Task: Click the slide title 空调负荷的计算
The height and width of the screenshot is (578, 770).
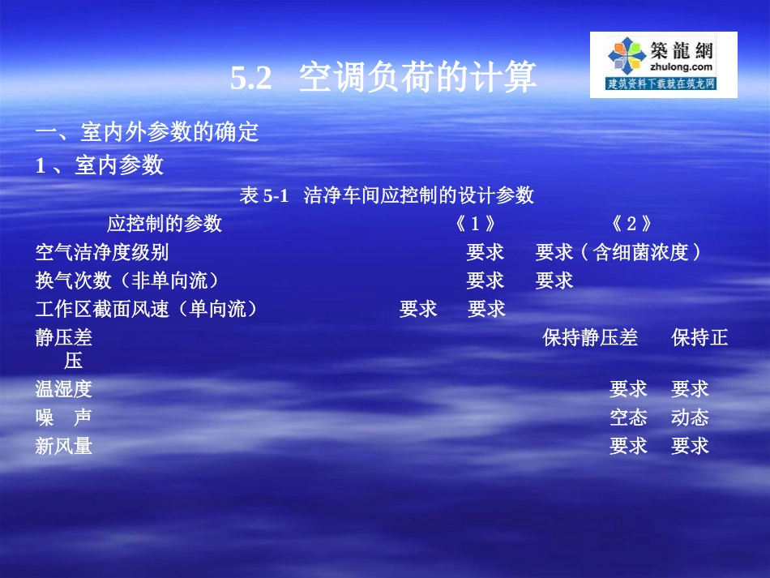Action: click(417, 79)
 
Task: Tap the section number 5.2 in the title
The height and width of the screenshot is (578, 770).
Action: click(250, 79)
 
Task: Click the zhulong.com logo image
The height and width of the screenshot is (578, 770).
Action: click(663, 65)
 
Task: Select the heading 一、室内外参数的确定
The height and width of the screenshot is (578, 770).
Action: click(147, 132)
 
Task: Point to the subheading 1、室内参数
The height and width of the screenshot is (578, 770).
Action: click(100, 165)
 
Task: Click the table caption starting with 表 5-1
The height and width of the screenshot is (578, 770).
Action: click(387, 195)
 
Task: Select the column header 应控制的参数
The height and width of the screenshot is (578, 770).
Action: click(165, 224)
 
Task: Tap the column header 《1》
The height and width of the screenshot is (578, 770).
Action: click(476, 224)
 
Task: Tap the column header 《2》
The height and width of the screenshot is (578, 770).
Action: click(632, 224)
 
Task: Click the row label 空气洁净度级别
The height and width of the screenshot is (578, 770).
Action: click(102, 252)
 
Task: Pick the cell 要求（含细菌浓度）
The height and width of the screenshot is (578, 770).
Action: click(619, 252)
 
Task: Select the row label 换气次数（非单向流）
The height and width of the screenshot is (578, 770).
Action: click(127, 280)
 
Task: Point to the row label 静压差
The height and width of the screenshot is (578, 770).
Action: click(64, 337)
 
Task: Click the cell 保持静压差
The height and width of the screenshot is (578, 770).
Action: click(590, 337)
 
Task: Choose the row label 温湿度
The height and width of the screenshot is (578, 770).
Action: click(64, 389)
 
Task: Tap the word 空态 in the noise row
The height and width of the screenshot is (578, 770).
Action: click(628, 417)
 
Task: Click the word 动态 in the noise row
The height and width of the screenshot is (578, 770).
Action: click(690, 417)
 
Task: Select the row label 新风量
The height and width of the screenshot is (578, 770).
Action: click(64, 446)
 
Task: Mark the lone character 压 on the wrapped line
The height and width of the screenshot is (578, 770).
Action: click(74, 362)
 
